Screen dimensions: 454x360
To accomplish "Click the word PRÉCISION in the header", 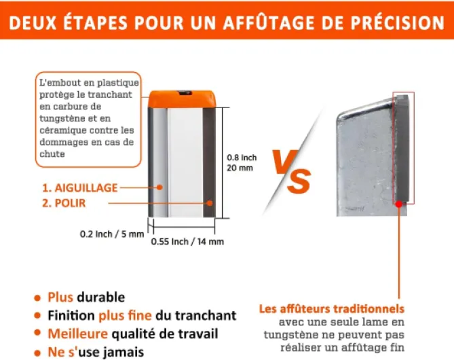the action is tap(398, 22).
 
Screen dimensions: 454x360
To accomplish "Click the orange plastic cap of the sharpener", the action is tap(182, 99).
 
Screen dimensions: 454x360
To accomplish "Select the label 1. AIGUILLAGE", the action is tap(80, 188).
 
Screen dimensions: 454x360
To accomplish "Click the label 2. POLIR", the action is tap(64, 203).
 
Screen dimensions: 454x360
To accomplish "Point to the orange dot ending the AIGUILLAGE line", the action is tap(159, 187).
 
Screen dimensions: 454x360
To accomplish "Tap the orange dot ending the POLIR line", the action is tap(210, 203).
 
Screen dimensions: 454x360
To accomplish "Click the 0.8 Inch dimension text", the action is tap(242, 158).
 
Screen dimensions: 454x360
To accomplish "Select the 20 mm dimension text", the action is tap(240, 168).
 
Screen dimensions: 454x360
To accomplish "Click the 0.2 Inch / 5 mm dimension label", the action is tap(112, 234).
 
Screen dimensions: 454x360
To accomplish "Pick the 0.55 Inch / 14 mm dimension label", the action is tap(187, 242).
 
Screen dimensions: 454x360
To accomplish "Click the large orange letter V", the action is tap(284, 162).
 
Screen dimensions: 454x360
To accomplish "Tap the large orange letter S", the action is tap(299, 181).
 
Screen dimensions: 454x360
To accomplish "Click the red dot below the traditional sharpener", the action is tap(399, 204).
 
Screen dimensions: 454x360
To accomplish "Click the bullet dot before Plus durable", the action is tap(37, 298).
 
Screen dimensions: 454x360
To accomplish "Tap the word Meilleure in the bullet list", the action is tap(78, 334).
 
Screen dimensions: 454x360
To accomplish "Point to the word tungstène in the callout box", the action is tap(58, 119).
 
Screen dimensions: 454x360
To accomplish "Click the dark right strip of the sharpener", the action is tap(209, 162).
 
